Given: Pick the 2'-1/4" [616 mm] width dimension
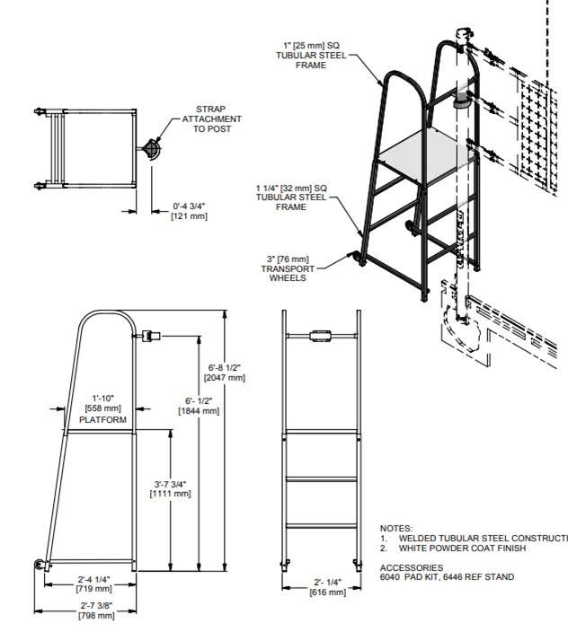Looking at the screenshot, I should tap(327, 588).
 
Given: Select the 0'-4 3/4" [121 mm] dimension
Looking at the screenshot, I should tap(190, 213).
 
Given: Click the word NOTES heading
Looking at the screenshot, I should tap(396, 529).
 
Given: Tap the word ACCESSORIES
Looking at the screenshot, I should tap(412, 567).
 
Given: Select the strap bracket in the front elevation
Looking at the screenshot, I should tap(321, 338).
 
